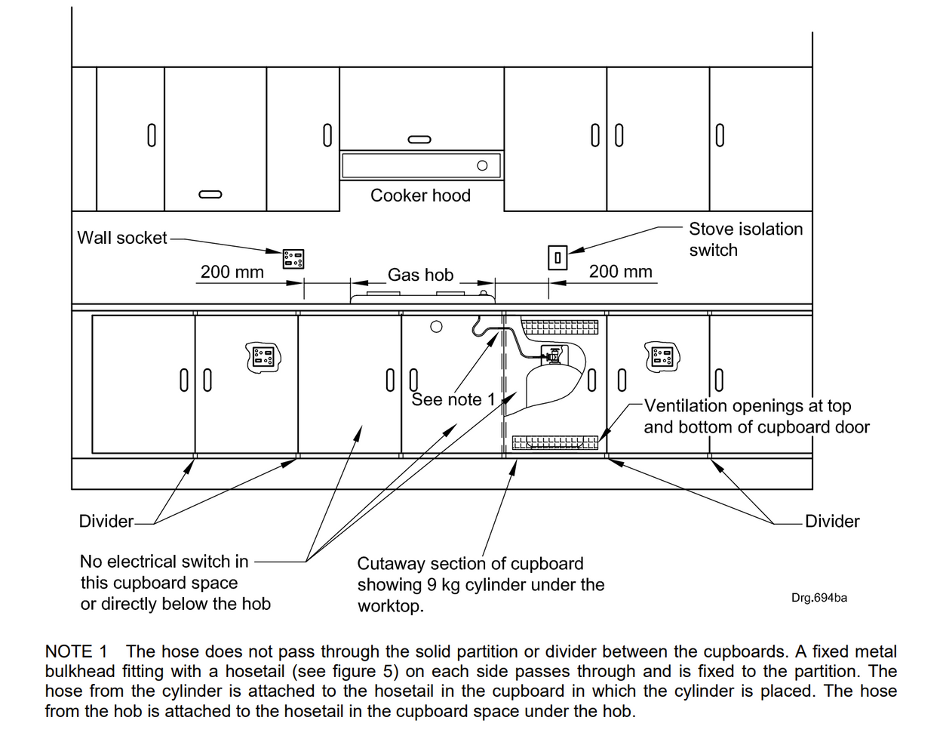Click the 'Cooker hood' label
point(420,196)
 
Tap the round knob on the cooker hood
point(482,165)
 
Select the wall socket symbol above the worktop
point(293,258)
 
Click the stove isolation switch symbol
point(557,258)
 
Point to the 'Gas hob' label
point(420,275)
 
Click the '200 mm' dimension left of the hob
point(232,272)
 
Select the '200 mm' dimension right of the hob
point(620,272)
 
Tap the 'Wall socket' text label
point(121,238)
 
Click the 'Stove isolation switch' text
point(745,239)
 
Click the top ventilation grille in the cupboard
point(560,327)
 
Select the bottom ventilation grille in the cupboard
point(555,442)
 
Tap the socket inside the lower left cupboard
point(263,356)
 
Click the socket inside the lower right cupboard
point(662,356)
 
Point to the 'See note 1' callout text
point(453,399)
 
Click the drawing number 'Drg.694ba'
point(819,598)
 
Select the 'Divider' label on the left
point(106,522)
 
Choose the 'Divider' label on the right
point(831,522)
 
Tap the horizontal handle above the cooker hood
point(419,139)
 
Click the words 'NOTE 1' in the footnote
point(76,651)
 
